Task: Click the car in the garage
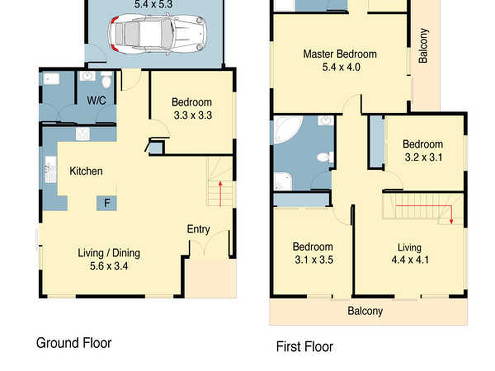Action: click(x=158, y=34)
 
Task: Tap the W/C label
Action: click(x=96, y=100)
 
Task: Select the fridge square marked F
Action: click(x=107, y=203)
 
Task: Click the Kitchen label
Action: click(x=86, y=171)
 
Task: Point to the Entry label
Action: click(x=198, y=229)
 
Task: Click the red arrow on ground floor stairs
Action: click(x=220, y=194)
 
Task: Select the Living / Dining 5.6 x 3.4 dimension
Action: click(x=109, y=266)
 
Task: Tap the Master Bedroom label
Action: click(x=340, y=54)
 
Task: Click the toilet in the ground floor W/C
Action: click(x=106, y=81)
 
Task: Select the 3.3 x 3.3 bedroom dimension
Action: click(x=193, y=115)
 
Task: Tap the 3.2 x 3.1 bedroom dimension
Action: click(x=423, y=157)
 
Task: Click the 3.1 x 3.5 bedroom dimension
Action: click(x=314, y=260)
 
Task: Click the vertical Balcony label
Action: click(x=423, y=46)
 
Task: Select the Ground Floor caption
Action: click(x=74, y=343)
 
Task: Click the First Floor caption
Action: click(x=305, y=347)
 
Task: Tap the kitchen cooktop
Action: click(x=83, y=134)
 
